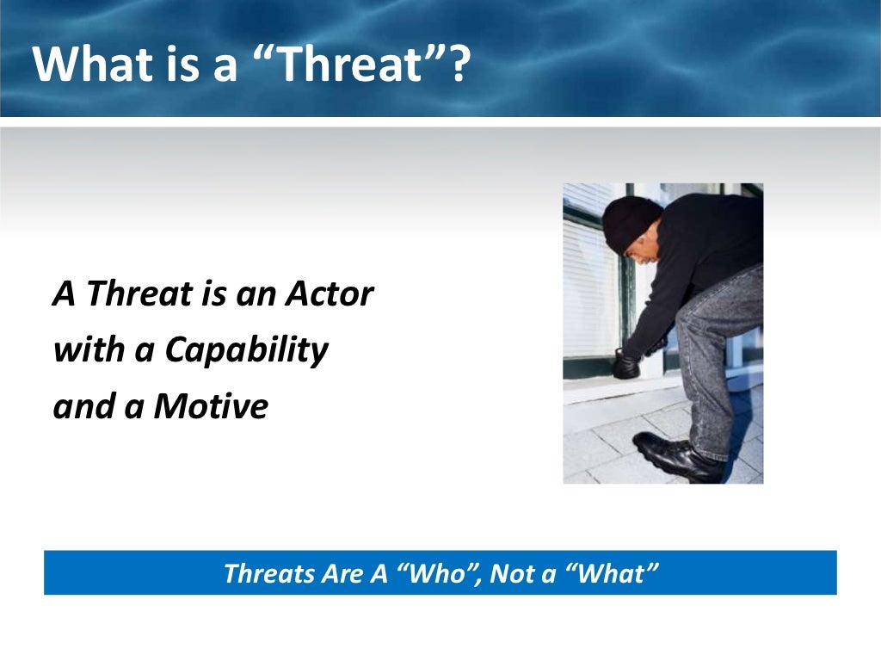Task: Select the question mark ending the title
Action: (461, 65)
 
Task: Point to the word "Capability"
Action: (246, 350)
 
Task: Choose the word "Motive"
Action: (211, 406)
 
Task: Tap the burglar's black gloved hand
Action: (625, 364)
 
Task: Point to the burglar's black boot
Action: (675, 456)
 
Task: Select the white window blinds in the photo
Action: (590, 284)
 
